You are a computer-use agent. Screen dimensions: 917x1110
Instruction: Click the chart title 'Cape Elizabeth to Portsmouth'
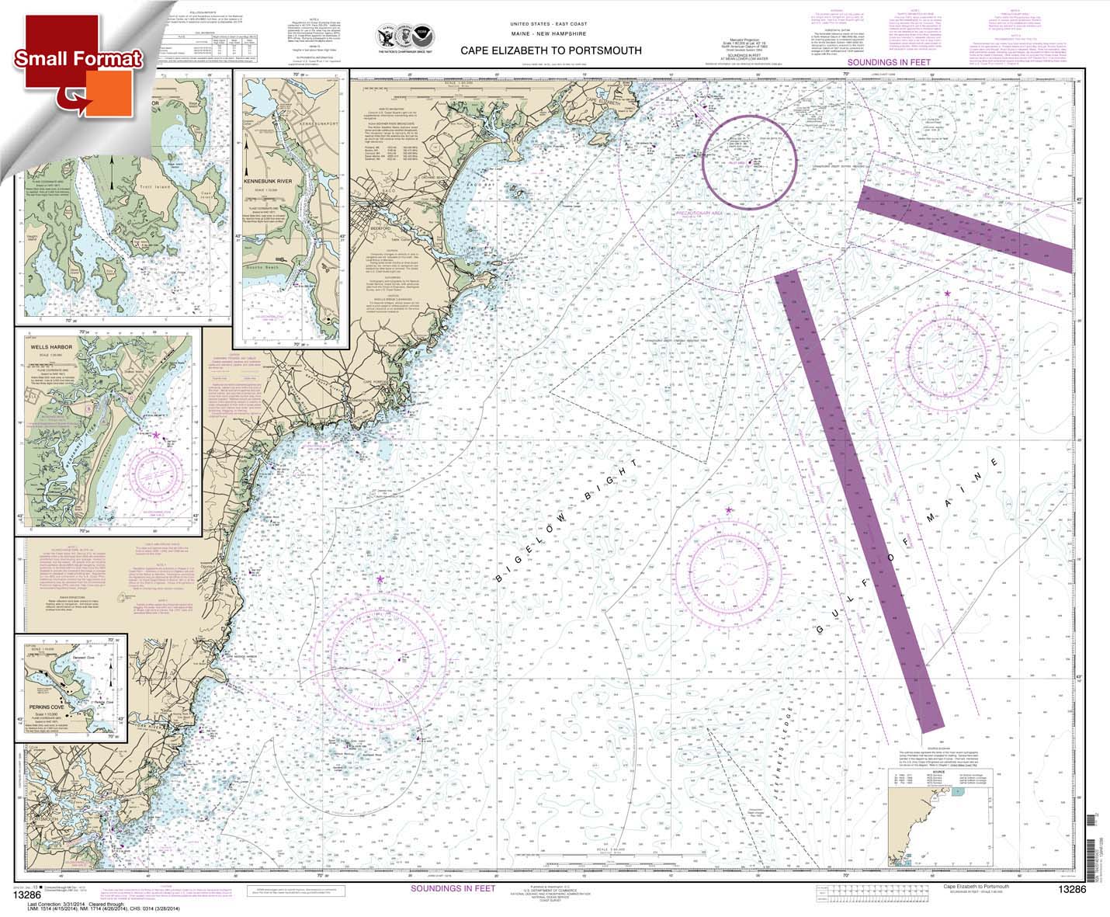click(x=551, y=50)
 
